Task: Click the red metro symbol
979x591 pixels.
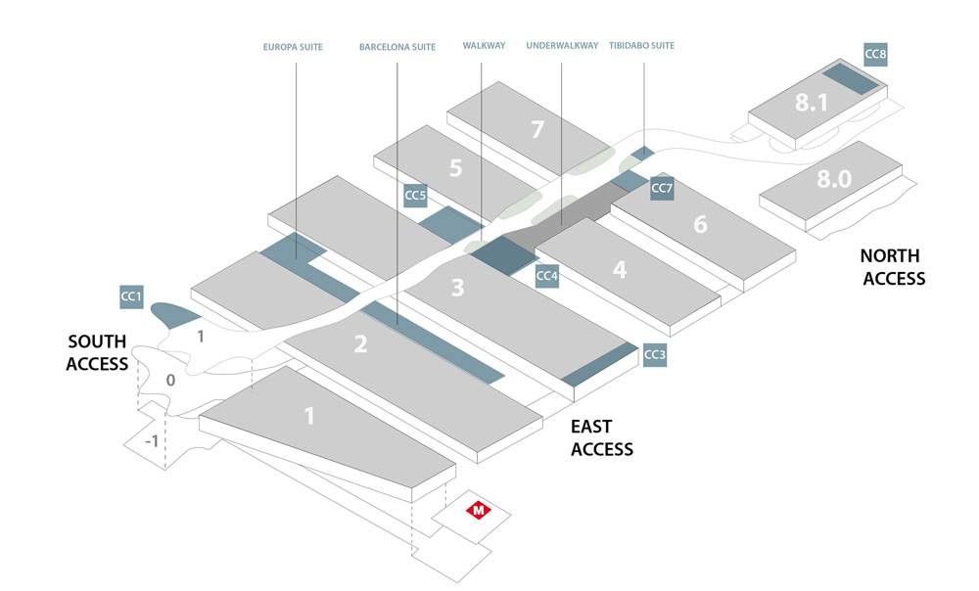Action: click(x=479, y=510)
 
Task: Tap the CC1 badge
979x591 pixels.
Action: click(x=131, y=295)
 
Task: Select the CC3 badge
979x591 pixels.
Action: click(x=655, y=355)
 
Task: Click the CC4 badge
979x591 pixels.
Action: click(x=546, y=276)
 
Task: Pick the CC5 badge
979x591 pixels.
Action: click(x=415, y=196)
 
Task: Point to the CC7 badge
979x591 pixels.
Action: click(x=662, y=188)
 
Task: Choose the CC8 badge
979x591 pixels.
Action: click(x=875, y=55)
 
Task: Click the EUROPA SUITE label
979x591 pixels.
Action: click(x=293, y=46)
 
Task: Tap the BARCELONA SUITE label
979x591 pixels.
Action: click(x=396, y=46)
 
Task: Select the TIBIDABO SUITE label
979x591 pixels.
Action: click(x=641, y=46)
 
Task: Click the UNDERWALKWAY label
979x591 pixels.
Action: click(x=562, y=46)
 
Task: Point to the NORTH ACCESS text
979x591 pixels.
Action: click(x=892, y=267)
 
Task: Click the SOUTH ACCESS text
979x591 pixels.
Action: click(x=97, y=352)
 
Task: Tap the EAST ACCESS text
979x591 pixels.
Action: click(x=602, y=438)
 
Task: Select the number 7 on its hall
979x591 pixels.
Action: click(x=536, y=129)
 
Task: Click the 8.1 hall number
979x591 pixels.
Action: click(x=812, y=102)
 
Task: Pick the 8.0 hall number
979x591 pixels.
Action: click(x=833, y=179)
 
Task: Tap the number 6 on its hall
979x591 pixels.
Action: click(x=700, y=224)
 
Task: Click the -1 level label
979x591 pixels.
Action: click(x=151, y=441)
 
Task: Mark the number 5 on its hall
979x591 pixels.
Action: click(x=455, y=167)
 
